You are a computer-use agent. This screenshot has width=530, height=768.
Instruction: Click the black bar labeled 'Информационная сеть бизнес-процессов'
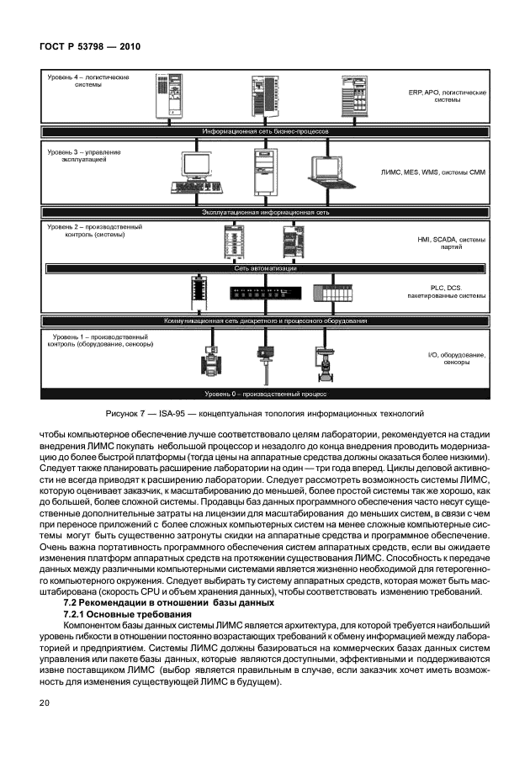[x=265, y=133]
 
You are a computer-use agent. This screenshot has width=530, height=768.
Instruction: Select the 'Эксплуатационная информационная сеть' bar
[x=265, y=213]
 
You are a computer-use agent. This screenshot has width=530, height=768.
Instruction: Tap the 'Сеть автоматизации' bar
[x=265, y=268]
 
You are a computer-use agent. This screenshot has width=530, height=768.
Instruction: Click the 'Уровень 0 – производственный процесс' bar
[x=265, y=393]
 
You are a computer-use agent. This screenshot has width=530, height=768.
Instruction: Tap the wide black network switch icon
[x=265, y=294]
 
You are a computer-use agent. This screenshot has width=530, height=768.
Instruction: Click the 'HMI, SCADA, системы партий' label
[x=451, y=243]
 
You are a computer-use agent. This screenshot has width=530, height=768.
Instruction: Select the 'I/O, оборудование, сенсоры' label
[x=457, y=359]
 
